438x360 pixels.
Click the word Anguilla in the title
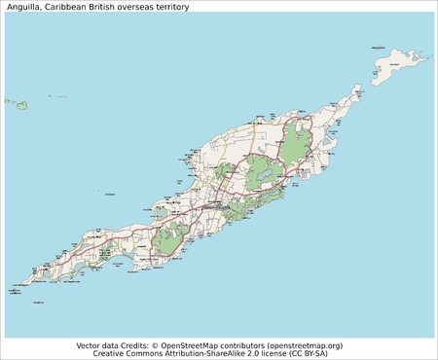click(20, 7)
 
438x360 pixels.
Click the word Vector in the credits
click(89, 345)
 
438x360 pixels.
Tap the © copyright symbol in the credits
click(156, 345)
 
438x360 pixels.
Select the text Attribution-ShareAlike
click(201, 354)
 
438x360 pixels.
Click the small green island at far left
click(20, 103)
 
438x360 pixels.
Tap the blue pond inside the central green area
click(262, 175)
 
